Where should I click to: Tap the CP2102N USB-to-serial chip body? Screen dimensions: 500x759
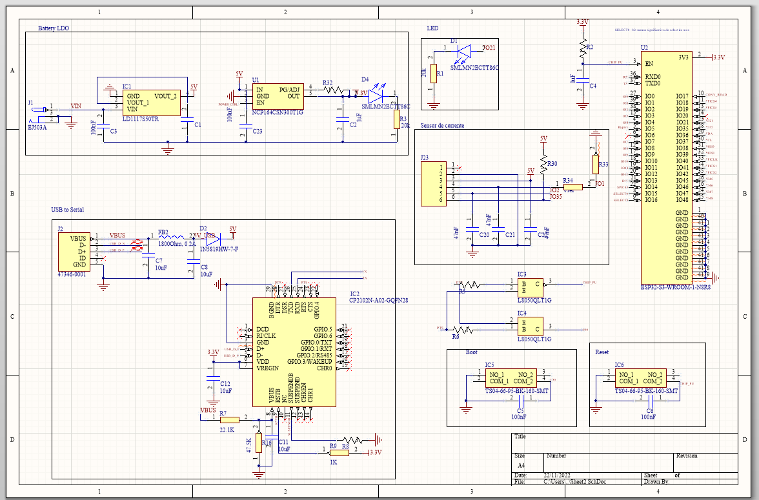294,352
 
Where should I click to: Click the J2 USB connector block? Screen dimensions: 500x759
73,251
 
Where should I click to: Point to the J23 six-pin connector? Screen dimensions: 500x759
433,183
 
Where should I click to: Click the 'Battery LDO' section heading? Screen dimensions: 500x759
54,28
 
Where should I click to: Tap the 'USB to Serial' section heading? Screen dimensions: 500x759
68,210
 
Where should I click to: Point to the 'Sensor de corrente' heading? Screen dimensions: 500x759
442,125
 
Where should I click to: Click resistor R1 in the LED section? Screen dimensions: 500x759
434,74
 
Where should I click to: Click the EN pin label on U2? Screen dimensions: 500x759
649,63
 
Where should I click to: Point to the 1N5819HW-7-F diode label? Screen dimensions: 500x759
219,250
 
